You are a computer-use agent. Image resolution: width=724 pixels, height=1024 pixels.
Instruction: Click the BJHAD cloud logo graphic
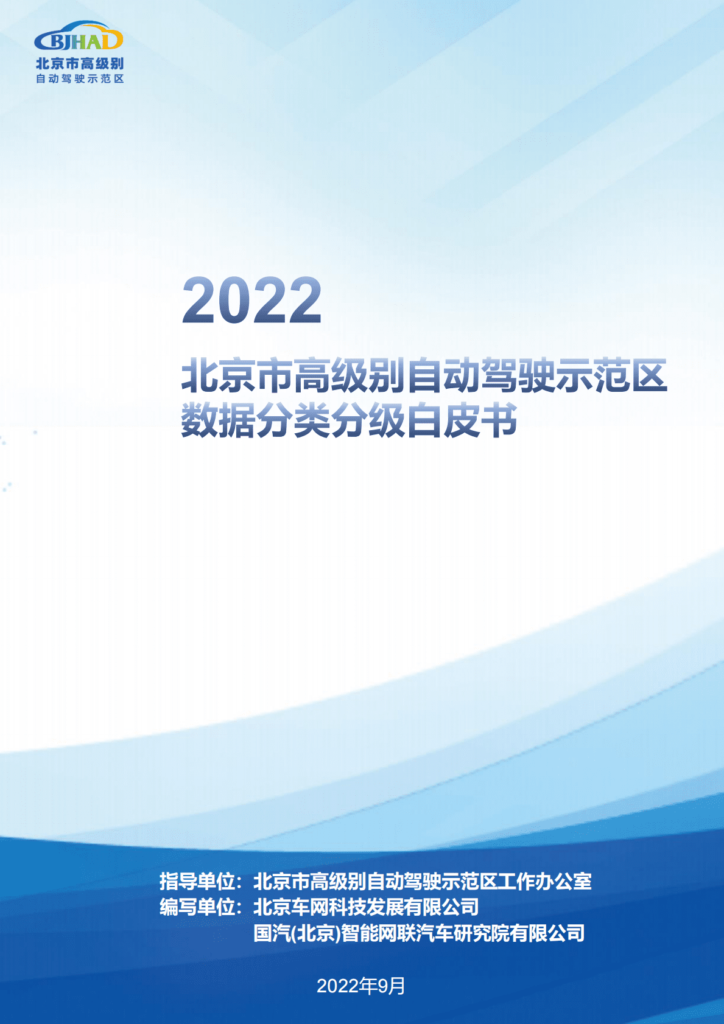click(79, 37)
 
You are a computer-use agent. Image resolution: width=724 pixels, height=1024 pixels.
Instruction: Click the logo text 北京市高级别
click(80, 64)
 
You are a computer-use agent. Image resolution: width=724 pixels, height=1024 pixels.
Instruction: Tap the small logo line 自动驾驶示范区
click(80, 79)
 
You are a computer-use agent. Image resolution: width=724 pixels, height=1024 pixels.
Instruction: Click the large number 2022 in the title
click(251, 301)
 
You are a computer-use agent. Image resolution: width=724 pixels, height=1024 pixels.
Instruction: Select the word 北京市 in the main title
click(237, 375)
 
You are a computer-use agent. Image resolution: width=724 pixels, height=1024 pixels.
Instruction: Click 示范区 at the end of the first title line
click(611, 375)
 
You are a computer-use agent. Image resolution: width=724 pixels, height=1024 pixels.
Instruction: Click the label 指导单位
click(197, 881)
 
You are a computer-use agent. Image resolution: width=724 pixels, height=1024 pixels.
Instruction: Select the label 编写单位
click(197, 907)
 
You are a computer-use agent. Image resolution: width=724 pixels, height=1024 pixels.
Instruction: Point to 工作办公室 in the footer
click(544, 881)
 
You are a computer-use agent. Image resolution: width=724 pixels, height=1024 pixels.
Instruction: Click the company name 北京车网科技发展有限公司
click(366, 907)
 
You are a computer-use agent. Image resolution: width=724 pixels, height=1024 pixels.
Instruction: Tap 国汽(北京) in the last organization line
click(297, 933)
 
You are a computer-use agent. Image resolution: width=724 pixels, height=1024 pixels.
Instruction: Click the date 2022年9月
click(361, 986)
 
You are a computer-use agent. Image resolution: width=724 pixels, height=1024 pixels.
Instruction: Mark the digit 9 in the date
click(383, 986)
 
